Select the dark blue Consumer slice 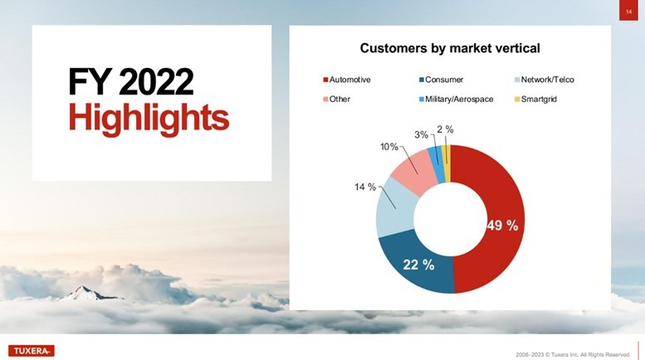click(x=415, y=263)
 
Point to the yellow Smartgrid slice click(x=447, y=163)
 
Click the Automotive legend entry click(x=347, y=80)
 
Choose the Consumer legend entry click(x=441, y=80)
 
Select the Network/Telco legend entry click(x=545, y=80)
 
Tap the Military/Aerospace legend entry click(x=457, y=99)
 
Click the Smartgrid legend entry click(x=535, y=99)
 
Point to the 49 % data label click(x=502, y=225)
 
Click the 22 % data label click(x=418, y=265)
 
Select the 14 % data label click(x=365, y=187)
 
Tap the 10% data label click(x=389, y=147)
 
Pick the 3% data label click(x=421, y=135)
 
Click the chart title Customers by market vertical click(x=450, y=48)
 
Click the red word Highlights click(x=149, y=117)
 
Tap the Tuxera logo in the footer click(x=32, y=351)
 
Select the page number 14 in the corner click(x=628, y=12)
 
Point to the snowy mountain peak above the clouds click(x=86, y=293)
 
